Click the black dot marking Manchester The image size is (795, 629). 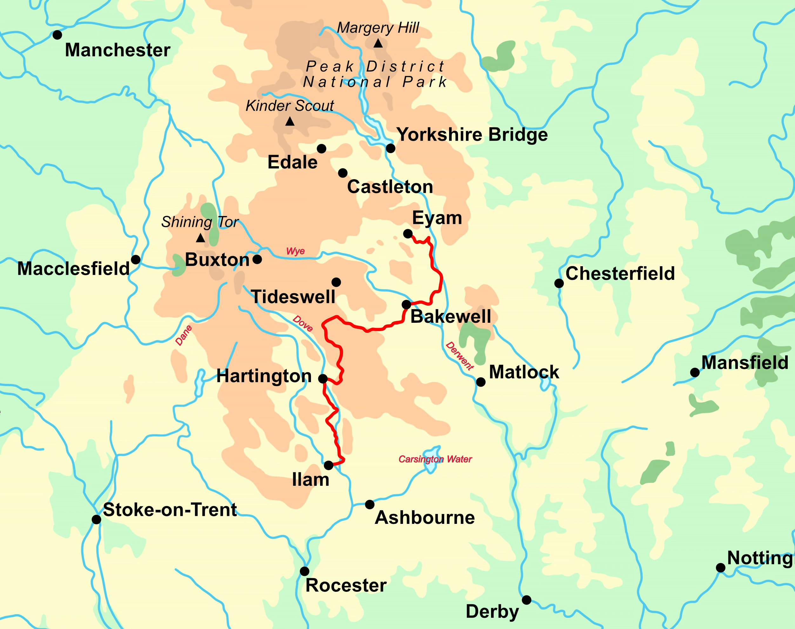(57, 35)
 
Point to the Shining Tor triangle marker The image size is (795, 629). (200, 238)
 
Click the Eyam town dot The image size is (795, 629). (408, 233)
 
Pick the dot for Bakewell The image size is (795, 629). (406, 305)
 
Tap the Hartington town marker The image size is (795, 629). (323, 379)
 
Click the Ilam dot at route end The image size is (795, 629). (328, 465)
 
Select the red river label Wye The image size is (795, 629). (295, 251)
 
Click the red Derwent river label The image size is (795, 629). (460, 356)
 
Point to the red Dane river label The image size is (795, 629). (183, 335)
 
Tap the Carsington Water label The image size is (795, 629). (435, 459)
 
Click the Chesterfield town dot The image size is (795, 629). (559, 283)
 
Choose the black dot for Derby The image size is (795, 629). (527, 600)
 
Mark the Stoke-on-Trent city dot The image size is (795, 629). (97, 520)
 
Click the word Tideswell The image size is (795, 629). (293, 297)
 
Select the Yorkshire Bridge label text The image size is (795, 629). (472, 135)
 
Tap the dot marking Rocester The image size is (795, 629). (305, 571)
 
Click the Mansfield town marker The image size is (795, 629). (695, 372)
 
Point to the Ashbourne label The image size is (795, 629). (425, 518)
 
